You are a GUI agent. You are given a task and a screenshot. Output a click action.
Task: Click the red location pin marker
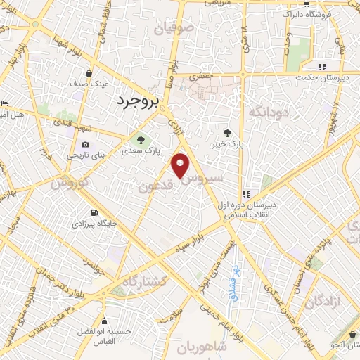181,165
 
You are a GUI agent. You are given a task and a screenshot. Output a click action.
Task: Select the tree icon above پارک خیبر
227,132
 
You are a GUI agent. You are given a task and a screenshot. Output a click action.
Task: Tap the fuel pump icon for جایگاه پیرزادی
94,212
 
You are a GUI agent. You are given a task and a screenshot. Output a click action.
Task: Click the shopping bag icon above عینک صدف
89,73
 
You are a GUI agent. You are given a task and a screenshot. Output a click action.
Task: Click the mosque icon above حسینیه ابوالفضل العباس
105,321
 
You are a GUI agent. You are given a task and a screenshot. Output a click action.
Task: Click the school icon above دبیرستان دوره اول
246,195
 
